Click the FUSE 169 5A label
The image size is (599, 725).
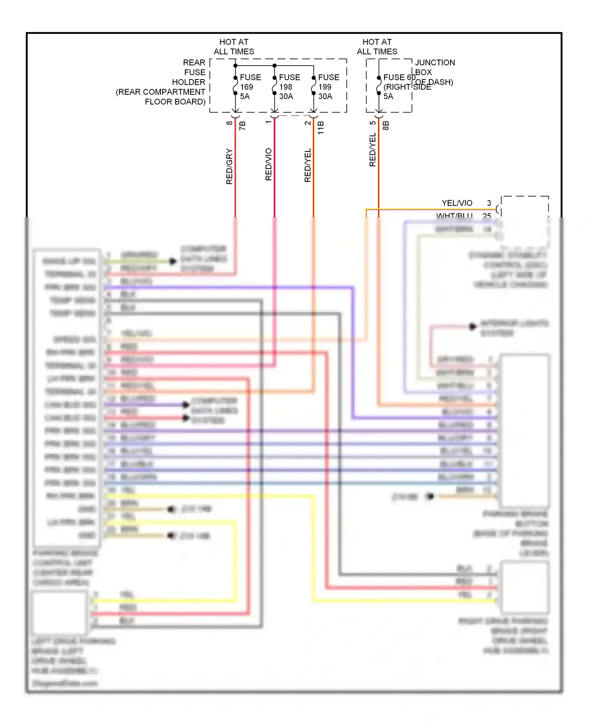(250, 87)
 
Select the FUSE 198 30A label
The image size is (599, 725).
(289, 87)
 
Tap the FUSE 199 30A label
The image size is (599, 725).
(328, 87)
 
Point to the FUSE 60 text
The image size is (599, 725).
(399, 77)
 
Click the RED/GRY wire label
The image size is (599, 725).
(229, 166)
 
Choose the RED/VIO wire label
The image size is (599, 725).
(268, 164)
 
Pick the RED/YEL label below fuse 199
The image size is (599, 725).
(307, 165)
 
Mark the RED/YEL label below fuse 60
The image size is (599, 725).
(373, 150)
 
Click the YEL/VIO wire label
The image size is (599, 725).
(457, 203)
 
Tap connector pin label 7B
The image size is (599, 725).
(242, 125)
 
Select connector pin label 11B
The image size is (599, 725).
(321, 127)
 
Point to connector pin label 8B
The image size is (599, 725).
(386, 125)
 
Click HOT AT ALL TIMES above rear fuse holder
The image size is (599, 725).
(234, 47)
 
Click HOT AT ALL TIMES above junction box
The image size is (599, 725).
(377, 47)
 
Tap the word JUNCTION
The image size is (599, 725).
(435, 63)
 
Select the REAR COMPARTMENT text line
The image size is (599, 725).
(161, 92)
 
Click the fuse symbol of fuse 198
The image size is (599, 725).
(274, 86)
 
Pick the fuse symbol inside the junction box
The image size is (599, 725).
(379, 86)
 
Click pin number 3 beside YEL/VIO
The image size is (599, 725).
(489, 203)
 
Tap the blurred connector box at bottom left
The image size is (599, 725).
(60, 613)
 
